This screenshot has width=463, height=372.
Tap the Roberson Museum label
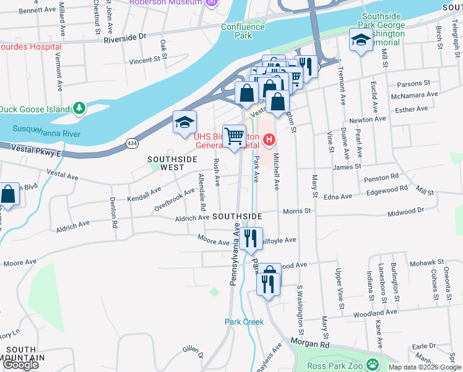click(166, 2)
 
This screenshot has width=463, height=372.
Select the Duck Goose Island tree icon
click(79, 108)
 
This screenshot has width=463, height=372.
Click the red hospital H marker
click(269, 139)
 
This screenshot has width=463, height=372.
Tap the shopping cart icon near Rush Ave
click(235, 136)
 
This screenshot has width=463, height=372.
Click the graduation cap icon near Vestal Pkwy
click(184, 122)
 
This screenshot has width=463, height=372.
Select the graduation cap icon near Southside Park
click(361, 41)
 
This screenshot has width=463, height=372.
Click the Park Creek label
click(244, 322)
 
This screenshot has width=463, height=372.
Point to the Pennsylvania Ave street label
click(235, 255)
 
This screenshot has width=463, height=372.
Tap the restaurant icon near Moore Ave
click(250, 238)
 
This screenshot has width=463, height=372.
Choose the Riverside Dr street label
click(124, 37)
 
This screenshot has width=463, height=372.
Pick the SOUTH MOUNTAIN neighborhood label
click(22, 353)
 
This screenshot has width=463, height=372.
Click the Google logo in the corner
click(20, 365)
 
